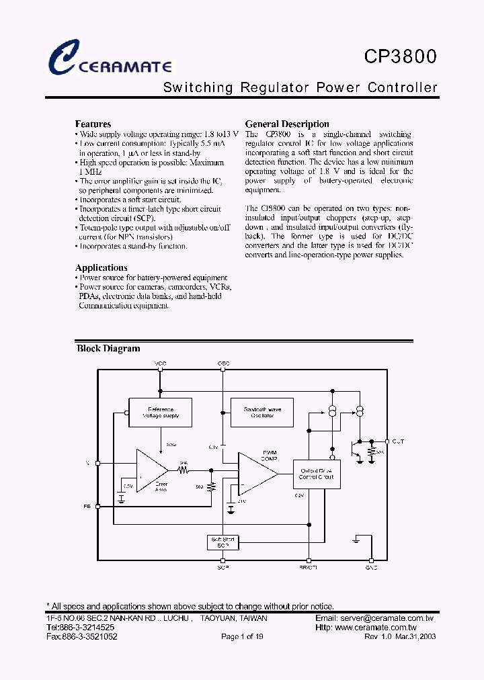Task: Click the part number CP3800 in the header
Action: (x=401, y=56)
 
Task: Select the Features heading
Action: (x=93, y=124)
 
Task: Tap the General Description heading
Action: (x=287, y=124)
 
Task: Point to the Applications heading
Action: (x=101, y=267)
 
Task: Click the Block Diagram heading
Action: (x=108, y=349)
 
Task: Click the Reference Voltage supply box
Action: (x=161, y=412)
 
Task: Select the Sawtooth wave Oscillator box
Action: (x=263, y=412)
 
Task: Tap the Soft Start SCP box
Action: (x=223, y=542)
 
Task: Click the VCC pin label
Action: (x=160, y=364)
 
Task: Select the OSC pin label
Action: (x=223, y=364)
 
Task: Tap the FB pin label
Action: (x=87, y=506)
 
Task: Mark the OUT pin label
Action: (x=398, y=441)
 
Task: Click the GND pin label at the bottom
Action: (x=371, y=568)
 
